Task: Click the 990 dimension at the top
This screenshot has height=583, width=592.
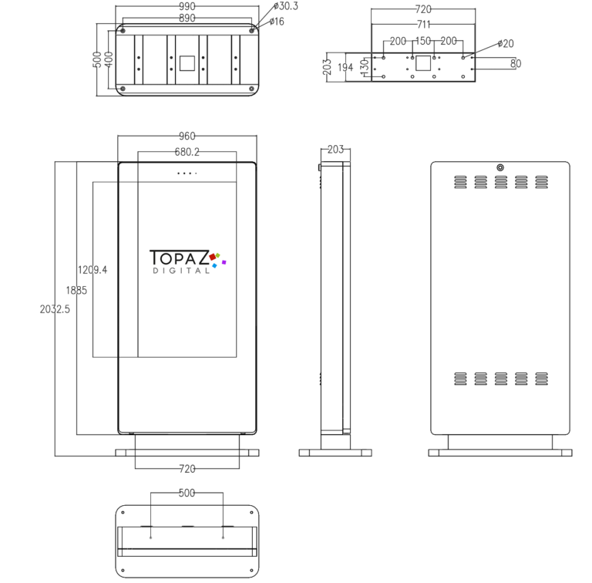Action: coord(187,6)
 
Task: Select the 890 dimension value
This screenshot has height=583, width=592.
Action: coord(187,19)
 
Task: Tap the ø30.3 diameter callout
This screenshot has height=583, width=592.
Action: coord(286,6)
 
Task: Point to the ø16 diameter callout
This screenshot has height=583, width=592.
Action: coord(277,22)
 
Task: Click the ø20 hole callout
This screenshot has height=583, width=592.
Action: coord(506,43)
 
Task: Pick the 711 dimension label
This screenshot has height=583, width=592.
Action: coord(423,25)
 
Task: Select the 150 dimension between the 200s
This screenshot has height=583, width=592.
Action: coord(423,41)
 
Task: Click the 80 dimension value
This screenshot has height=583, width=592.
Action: coord(516,63)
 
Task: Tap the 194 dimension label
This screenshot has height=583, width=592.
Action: coord(345,68)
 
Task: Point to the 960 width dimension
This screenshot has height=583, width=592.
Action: coord(187,136)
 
